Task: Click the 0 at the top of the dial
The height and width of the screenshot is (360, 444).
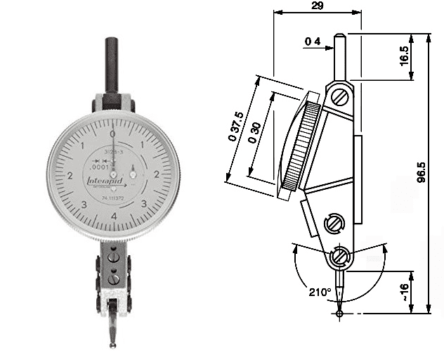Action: tap(112, 133)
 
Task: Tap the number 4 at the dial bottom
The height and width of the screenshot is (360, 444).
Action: tap(113, 216)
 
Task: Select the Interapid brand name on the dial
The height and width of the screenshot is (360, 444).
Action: tap(103, 181)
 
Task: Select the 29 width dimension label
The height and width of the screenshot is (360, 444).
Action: tap(317, 6)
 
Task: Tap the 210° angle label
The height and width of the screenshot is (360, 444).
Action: tap(318, 290)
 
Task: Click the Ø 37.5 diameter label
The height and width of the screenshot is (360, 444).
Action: tap(236, 127)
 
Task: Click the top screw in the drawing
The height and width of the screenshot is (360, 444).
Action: tap(341, 94)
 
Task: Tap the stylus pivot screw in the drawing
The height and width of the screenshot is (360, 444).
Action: tap(341, 256)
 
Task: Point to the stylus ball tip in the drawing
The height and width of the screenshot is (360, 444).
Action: tap(340, 314)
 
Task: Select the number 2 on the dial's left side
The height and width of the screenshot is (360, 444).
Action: tap(69, 174)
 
